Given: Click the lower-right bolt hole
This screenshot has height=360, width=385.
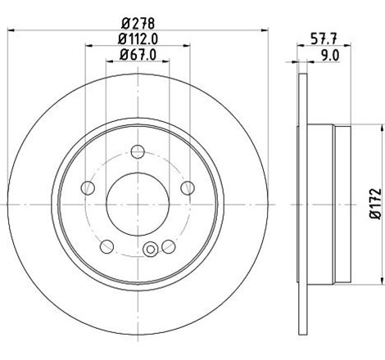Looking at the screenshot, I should pyautogui.click(x=168, y=245).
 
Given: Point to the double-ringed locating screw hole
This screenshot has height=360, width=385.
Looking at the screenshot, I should pyautogui.click(x=149, y=250).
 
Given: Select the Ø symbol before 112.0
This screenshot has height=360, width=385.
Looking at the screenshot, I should pyautogui.click(x=120, y=39).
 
